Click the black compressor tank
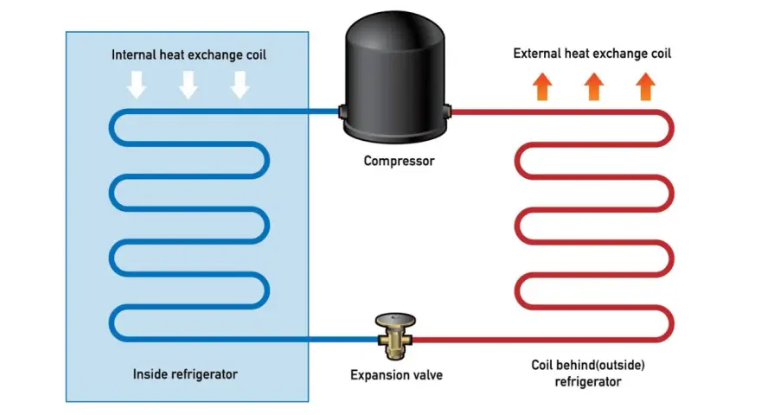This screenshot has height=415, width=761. point(395,78)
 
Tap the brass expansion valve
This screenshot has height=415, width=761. point(395,336)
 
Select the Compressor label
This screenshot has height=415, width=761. point(399,161)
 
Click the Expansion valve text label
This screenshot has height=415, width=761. point(397,374)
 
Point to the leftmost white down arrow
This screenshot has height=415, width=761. point(137,85)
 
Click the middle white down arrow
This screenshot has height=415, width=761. point(189,85)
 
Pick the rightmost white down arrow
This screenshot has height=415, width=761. point(240,85)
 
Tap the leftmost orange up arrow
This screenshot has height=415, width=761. point(542,86)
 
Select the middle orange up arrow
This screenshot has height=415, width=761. point(594,86)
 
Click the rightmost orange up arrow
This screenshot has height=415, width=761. point(645,86)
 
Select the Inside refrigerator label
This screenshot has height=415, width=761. point(185,374)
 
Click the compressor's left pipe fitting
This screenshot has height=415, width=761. point(342,112)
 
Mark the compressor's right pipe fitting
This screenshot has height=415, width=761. point(447,112)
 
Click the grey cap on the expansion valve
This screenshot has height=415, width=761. point(395,319)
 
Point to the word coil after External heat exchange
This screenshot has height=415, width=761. point(661,54)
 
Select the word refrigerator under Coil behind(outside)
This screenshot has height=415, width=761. point(588,382)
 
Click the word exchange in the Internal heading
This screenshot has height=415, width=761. point(215,54)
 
